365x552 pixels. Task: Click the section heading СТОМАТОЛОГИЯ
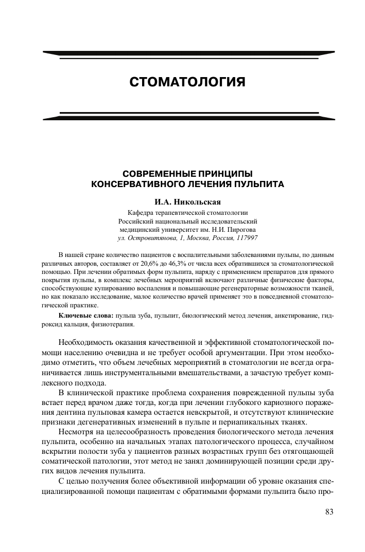187,82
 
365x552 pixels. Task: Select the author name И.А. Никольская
188,202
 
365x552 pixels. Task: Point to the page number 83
329,511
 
